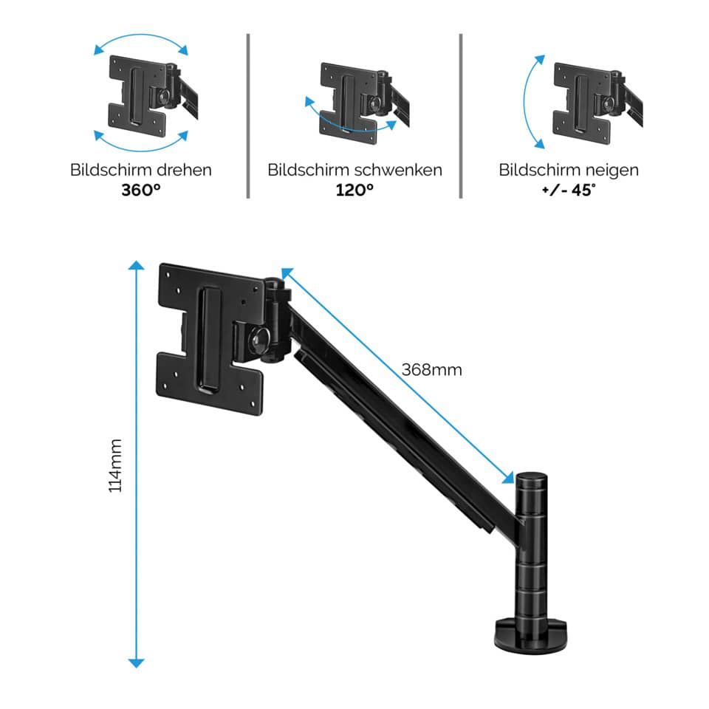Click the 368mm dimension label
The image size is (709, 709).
tap(432, 369)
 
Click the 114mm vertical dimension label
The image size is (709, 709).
tap(115, 465)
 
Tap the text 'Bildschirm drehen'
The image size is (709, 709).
tap(141, 170)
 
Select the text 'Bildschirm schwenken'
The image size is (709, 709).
tap(354, 170)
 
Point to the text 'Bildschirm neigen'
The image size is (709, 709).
tap(569, 170)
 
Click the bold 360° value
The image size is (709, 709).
tap(141, 189)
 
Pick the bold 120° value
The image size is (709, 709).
tap(354, 189)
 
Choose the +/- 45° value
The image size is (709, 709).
tap(569, 189)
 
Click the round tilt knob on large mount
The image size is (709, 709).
tap(259, 340)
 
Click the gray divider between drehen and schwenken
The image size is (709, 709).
tap(247, 114)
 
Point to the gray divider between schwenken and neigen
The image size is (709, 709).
tap(461, 114)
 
